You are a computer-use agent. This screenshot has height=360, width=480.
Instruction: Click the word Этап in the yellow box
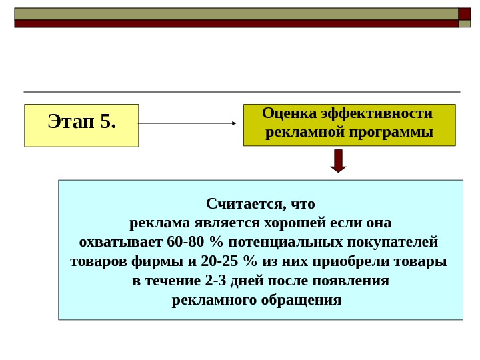click(71, 121)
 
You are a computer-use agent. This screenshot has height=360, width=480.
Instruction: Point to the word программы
click(396, 132)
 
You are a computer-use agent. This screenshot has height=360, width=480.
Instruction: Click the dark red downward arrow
click(339, 161)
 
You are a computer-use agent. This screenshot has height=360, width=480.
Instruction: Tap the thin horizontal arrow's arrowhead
click(234, 123)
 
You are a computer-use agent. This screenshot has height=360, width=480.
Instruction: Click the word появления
click(353, 280)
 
